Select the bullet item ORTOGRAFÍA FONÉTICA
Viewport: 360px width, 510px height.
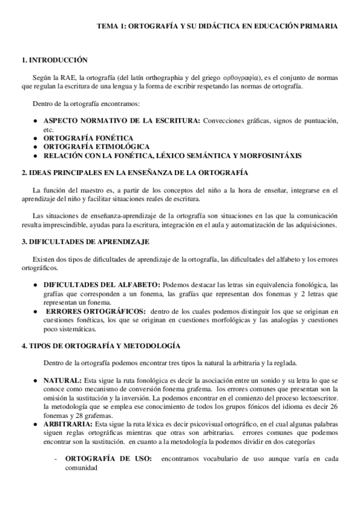[x=84, y=138]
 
